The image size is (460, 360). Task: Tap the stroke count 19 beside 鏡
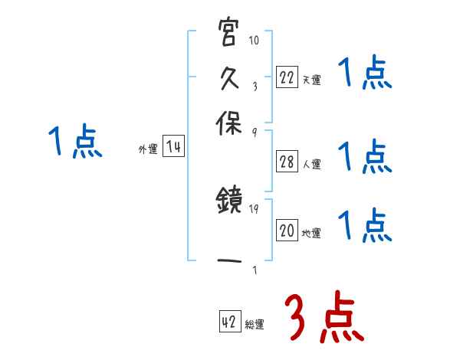coord(255,208)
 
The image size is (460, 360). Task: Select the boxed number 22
coord(287,77)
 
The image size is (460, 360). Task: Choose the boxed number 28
coord(287,161)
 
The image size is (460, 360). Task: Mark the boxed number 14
coord(174,147)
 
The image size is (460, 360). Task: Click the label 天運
coord(311,80)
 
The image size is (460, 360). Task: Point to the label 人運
coord(311,164)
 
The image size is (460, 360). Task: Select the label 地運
coord(311,234)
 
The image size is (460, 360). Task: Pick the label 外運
coord(148,150)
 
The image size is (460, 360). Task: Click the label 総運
coord(255,325)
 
